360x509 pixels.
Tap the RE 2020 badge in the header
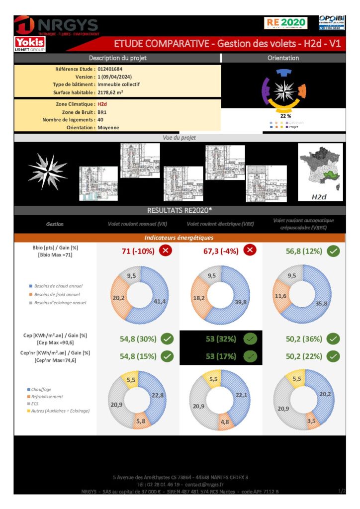[x=286, y=23]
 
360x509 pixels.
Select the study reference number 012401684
[x=110, y=69]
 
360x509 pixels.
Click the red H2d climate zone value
[x=102, y=104]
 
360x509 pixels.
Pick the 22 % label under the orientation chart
[x=285, y=116]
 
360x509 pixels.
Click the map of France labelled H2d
[x=320, y=172]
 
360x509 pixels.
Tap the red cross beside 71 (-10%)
[x=166, y=251]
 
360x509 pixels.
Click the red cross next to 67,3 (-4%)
[x=250, y=251]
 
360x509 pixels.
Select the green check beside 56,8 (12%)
[x=334, y=251]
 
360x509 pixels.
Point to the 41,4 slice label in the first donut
[x=159, y=302]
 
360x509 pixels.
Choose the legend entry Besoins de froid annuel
[x=58, y=294]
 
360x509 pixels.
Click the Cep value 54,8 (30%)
[x=138, y=339]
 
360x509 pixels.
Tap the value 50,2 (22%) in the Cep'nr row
[x=304, y=356]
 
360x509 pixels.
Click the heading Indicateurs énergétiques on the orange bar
[x=179, y=238]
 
